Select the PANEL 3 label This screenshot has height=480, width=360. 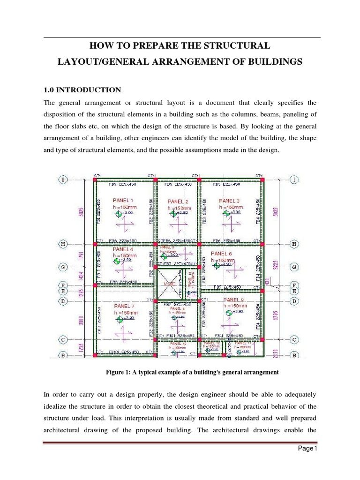pyautogui.click(x=230, y=201)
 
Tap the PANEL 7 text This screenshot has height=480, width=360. pyautogui.click(x=124, y=306)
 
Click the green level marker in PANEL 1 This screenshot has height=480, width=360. pyautogui.click(x=118, y=214)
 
